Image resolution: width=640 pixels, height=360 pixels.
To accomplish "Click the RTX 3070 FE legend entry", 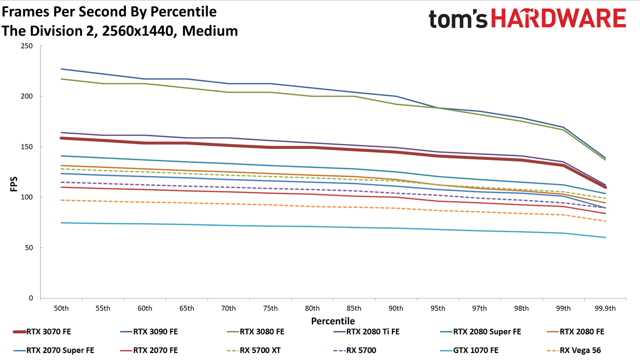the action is coord(42,331).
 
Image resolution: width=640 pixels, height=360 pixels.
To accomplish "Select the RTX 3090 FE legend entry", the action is coord(149,331).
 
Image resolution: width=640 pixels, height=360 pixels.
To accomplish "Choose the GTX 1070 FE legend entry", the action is coord(469,350).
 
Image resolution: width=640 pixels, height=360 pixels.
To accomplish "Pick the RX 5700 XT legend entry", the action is coord(253,350).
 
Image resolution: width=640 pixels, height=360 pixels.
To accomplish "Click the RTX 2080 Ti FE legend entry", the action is coord(366,331).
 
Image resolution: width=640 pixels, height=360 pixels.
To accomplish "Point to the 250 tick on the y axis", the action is coord(26,46).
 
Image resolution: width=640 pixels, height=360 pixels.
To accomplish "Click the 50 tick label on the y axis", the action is coord(29,247).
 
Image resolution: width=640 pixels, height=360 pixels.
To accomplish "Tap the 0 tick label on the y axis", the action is coord(31,298).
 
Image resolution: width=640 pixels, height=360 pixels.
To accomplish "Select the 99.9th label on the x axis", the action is coord(605,308).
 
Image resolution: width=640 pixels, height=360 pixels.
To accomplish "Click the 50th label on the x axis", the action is coord(61,308).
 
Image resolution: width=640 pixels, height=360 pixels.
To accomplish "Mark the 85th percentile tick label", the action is coord(354,308).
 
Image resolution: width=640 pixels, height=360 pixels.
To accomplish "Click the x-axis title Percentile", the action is coord(333,321).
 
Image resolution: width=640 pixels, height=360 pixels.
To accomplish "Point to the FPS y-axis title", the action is coord(13,183).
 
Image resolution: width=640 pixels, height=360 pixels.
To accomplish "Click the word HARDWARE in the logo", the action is coord(559,18).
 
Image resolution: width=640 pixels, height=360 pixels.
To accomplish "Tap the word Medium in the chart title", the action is coord(210,31).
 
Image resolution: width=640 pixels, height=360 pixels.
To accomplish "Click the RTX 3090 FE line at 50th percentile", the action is coord(61,69).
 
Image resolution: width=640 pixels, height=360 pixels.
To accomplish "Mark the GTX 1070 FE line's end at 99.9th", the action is coord(605,237).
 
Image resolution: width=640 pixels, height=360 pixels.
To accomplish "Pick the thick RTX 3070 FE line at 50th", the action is coord(61,138).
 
